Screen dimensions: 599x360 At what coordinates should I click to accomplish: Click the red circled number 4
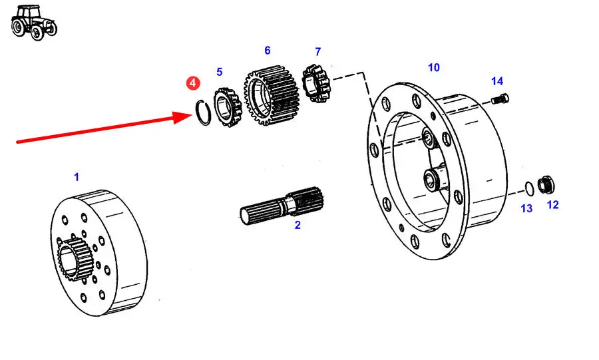[x=193, y=83]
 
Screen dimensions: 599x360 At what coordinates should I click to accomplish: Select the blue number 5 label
[x=219, y=72]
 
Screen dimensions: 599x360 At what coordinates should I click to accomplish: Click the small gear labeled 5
[x=228, y=107]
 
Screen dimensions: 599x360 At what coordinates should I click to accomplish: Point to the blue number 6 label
[x=268, y=51]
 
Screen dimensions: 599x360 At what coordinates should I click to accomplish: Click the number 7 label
[x=318, y=51]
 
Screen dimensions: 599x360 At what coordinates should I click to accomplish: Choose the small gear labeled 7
[x=317, y=83]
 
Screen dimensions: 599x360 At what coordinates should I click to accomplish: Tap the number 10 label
[x=433, y=68]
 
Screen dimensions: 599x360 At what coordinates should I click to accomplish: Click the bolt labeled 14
[x=500, y=99]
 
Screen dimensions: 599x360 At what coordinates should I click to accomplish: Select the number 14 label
[x=497, y=81]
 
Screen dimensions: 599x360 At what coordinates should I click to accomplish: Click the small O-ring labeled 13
[x=529, y=188]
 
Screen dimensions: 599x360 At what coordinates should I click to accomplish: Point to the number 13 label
[x=526, y=208]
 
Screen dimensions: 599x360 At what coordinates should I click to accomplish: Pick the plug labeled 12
[x=546, y=185]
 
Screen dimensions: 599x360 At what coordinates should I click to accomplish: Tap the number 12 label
[x=553, y=205]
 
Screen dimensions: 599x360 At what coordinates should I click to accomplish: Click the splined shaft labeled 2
[x=282, y=206]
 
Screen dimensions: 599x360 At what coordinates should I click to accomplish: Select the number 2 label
[x=298, y=225]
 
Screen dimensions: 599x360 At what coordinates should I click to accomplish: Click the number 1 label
[x=77, y=177]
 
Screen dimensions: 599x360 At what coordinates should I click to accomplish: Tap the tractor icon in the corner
[x=34, y=23]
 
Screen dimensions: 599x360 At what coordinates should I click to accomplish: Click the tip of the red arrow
[x=192, y=115]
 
